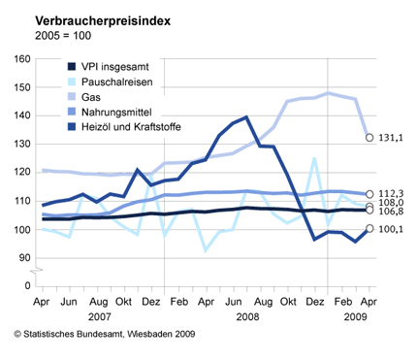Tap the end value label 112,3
click(392, 191)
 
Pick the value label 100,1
click(392, 230)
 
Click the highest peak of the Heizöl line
click(247, 117)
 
